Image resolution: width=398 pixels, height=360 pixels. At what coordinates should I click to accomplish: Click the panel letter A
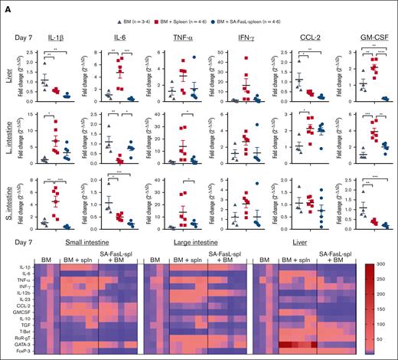(x=6, y=6)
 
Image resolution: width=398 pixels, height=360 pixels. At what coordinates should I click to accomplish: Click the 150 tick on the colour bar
(x=385, y=309)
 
